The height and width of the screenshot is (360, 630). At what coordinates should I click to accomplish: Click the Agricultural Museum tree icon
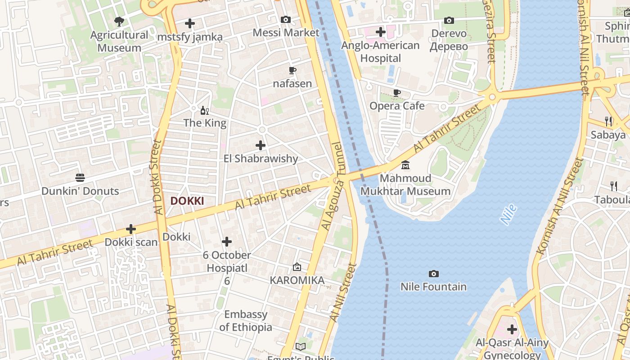tap(119, 21)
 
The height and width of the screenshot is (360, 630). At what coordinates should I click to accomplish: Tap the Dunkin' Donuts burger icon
tap(80, 177)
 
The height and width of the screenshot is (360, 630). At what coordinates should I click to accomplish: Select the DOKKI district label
tap(187, 201)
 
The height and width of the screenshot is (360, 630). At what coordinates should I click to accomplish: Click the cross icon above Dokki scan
tap(131, 229)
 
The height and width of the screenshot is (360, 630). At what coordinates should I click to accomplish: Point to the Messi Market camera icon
tap(286, 19)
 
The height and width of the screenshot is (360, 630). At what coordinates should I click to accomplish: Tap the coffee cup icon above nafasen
tap(292, 70)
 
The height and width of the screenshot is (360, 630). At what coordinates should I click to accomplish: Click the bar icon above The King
tap(204, 110)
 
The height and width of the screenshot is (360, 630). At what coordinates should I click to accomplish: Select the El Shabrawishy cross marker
tap(261, 145)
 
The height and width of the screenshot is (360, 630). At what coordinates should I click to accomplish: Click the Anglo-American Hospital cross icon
tap(380, 32)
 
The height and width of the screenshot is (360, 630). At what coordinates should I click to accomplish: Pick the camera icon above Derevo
tap(449, 20)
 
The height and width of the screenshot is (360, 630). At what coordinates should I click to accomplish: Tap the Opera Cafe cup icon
tap(396, 93)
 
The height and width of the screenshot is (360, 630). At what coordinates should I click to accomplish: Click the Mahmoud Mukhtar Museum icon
tap(405, 165)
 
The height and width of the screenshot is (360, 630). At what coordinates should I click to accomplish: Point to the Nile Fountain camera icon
tap(433, 274)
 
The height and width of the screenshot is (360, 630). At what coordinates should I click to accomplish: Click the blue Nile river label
tap(508, 215)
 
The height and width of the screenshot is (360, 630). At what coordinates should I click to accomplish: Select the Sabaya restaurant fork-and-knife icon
tap(608, 121)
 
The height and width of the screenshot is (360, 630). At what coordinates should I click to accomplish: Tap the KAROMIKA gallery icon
tap(297, 267)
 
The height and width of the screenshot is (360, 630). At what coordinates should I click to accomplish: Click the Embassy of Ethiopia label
tap(246, 321)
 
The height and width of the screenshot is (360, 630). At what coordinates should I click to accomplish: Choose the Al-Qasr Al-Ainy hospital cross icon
tap(512, 329)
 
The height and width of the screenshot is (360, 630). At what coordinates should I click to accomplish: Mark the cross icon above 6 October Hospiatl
tap(227, 242)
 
